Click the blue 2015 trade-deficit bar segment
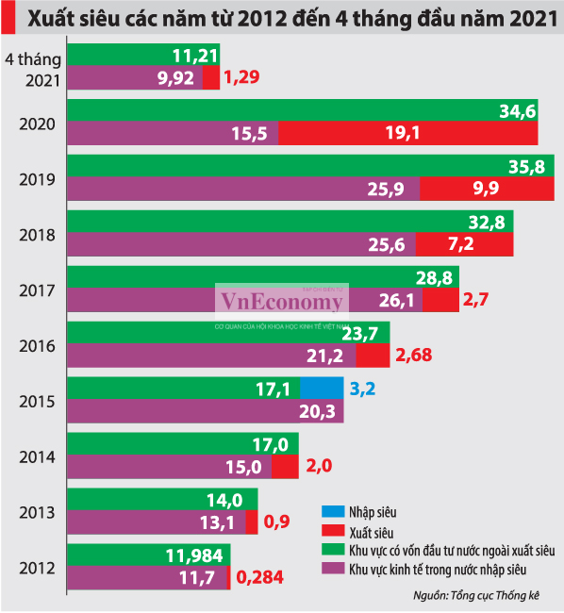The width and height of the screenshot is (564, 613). click(x=322, y=388)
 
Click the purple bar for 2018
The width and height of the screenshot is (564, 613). click(x=241, y=245)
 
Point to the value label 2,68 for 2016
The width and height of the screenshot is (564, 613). click(x=416, y=356)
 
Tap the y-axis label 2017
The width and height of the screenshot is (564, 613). click(x=37, y=290)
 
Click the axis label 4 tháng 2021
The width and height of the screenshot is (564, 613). click(x=34, y=70)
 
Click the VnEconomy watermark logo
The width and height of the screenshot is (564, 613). click(x=282, y=301)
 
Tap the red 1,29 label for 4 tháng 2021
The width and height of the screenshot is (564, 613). click(x=242, y=80)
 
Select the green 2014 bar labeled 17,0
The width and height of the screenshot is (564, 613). click(x=183, y=443)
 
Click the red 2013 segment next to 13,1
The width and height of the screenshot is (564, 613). click(x=252, y=522)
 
